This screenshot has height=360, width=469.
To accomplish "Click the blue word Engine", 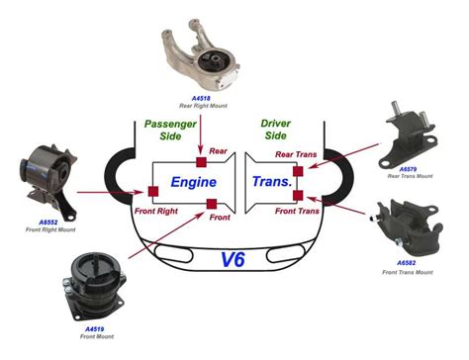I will point(194,183).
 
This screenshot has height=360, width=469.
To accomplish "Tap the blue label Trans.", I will point(271,183).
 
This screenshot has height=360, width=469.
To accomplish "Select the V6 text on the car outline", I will point(234,261).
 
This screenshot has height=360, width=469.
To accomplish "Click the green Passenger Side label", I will point(170,133).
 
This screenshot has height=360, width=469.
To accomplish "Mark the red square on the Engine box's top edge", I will point(200,161).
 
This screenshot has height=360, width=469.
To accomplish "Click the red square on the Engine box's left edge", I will point(153,190).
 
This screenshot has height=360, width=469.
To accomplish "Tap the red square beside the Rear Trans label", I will point(298,171).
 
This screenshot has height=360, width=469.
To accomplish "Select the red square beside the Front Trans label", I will point(298,196).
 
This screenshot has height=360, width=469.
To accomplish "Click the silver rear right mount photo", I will point(197,57).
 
